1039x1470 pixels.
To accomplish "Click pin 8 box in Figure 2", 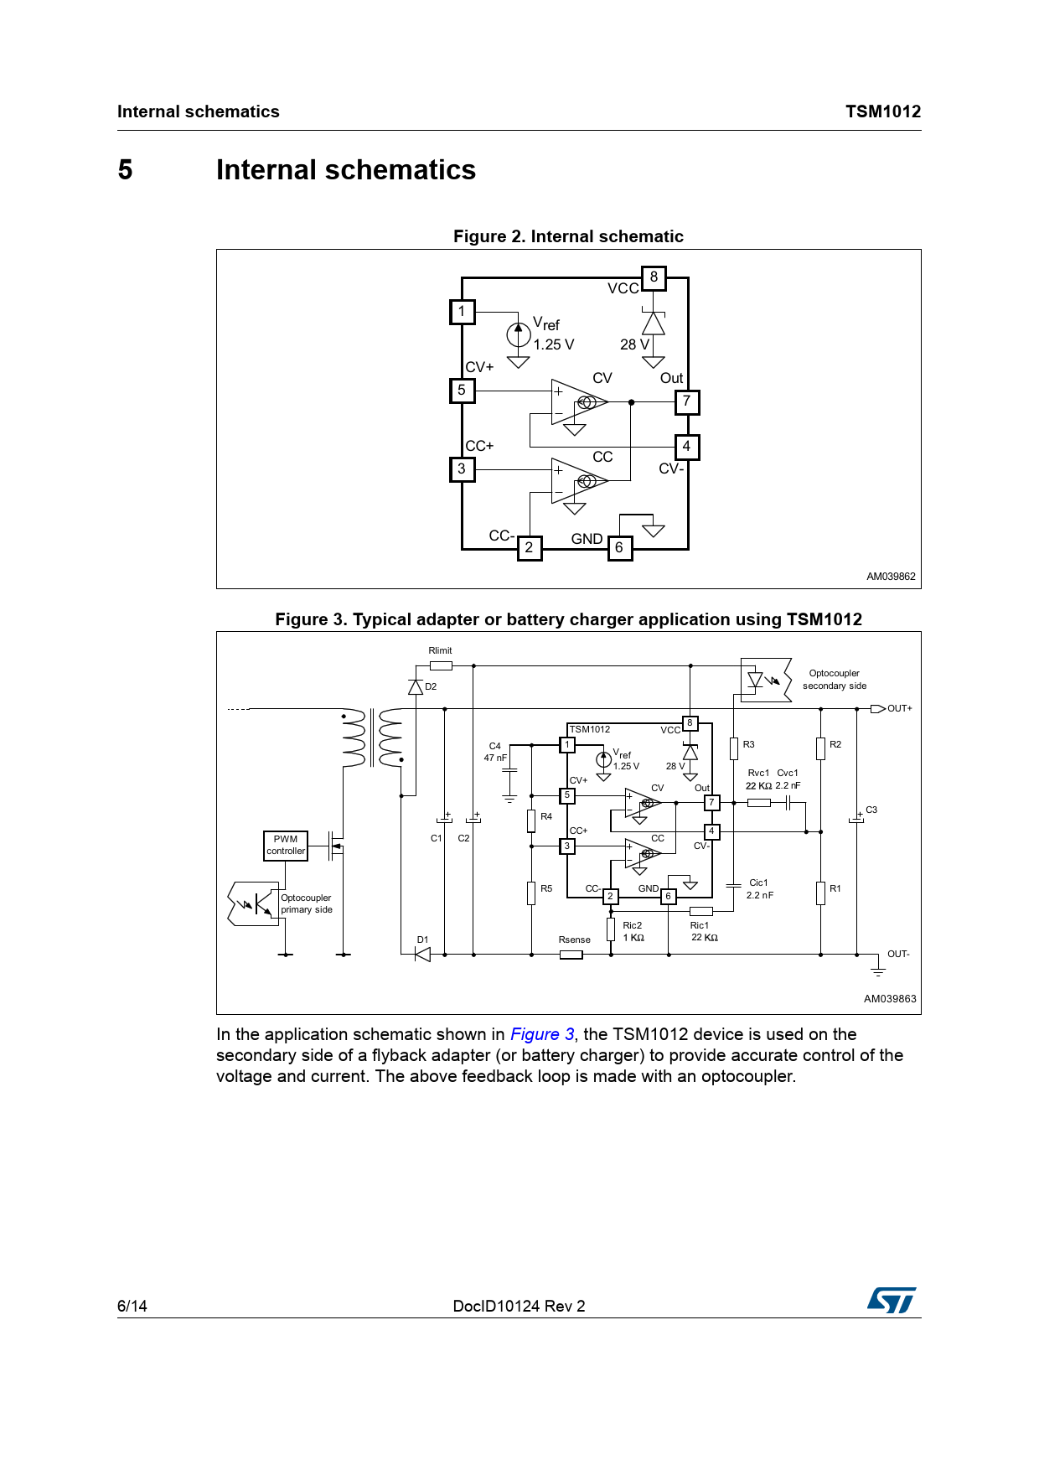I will point(654,277).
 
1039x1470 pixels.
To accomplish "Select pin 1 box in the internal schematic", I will point(462,312).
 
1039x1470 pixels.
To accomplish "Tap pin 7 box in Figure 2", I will point(686,401).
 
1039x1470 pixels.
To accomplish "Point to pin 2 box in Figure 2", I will point(529,548).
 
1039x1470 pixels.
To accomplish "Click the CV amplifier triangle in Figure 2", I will point(577,402).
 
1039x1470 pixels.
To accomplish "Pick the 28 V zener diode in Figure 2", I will point(654,324).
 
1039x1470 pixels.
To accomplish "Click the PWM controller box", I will point(286,845).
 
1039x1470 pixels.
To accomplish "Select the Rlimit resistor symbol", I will point(441,665).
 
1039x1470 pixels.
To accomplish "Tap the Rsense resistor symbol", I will point(571,954).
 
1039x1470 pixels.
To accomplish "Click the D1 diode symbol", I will point(423,954).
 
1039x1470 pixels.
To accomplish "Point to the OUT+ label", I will point(899,709).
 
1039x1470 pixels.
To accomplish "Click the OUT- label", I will point(898,954).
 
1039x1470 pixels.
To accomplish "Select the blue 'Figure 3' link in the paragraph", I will point(542,1034).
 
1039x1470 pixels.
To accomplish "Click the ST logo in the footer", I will point(892,1300).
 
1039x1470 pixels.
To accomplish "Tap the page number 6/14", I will point(132,1306).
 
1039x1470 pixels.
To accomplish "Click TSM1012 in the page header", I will point(882,111).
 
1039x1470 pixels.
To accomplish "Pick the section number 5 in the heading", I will point(125,170).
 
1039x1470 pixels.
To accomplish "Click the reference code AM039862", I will point(891,577).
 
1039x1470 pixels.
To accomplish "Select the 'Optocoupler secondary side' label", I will point(834,680).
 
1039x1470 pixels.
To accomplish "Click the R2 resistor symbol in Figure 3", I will point(820,748).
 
